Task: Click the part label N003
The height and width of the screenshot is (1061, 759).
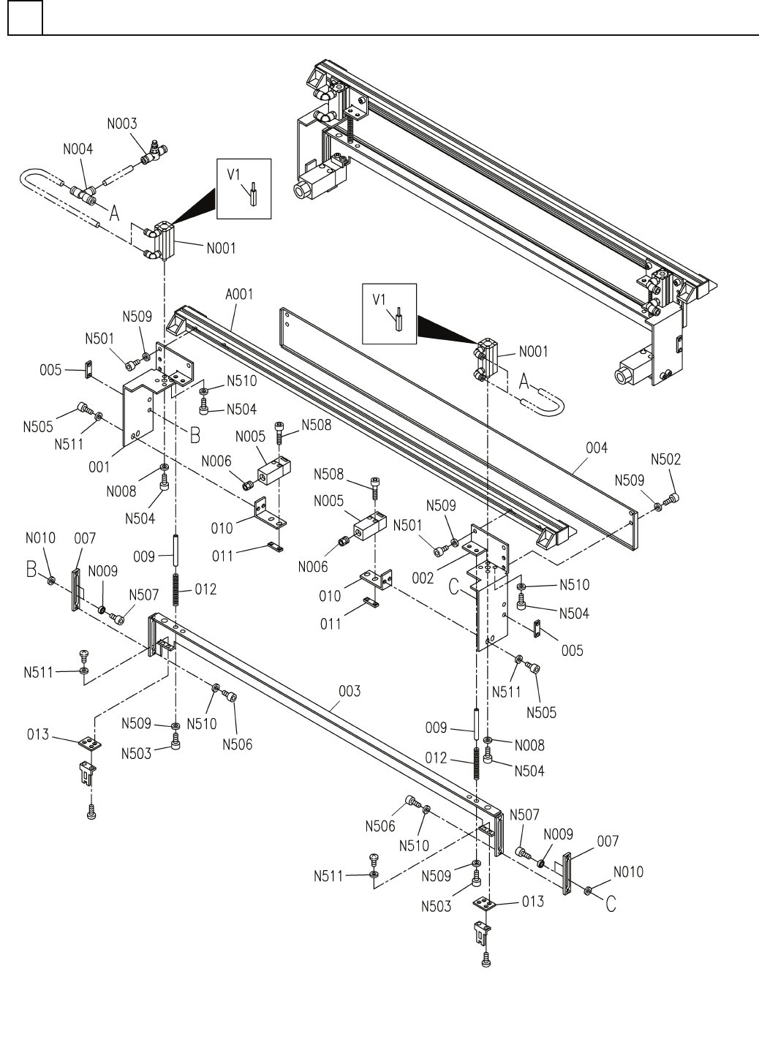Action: click(x=122, y=124)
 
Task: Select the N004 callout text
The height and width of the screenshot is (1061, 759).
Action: click(x=78, y=149)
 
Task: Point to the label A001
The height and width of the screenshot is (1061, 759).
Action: click(x=239, y=295)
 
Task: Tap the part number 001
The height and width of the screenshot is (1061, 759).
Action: click(x=99, y=467)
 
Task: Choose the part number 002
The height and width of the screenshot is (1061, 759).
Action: click(x=423, y=578)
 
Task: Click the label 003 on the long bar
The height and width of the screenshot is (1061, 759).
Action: click(x=350, y=692)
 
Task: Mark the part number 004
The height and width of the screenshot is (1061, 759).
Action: click(x=597, y=448)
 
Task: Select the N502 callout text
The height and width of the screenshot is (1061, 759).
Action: click(x=665, y=459)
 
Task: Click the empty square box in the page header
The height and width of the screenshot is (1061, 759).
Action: click(x=25, y=18)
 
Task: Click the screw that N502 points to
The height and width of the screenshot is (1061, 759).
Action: click(x=672, y=498)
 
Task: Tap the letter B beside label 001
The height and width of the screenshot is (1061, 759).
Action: click(x=195, y=435)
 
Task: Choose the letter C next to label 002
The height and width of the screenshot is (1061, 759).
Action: click(x=453, y=587)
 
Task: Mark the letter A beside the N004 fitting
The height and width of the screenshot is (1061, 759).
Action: click(x=114, y=213)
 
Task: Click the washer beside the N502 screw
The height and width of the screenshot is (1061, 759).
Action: click(x=658, y=507)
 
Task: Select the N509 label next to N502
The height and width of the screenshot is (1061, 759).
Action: click(x=629, y=480)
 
